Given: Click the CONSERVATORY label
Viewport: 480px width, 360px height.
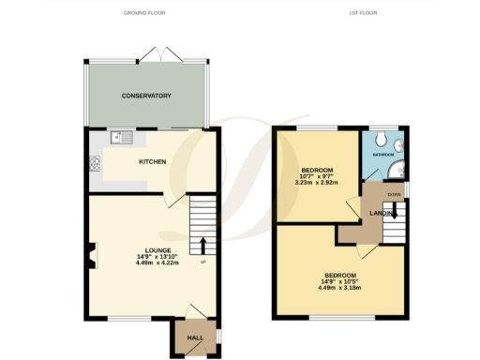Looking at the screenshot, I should (145, 96).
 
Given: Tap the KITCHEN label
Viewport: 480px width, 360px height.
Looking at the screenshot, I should (153, 162).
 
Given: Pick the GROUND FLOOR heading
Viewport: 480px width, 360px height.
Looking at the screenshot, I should (145, 13).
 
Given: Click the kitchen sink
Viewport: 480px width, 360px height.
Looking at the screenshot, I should (122, 139).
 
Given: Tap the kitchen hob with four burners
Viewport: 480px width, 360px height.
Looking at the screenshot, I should (95, 165).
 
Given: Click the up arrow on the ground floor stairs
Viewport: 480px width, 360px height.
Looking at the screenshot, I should (202, 246).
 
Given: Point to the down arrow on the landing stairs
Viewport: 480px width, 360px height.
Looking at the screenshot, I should (395, 212).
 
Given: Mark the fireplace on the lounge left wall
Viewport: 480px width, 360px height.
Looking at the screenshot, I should (91, 252).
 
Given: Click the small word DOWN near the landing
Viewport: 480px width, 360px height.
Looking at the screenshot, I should (394, 196).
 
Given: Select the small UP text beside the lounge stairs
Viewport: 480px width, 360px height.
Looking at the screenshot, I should (202, 262).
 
